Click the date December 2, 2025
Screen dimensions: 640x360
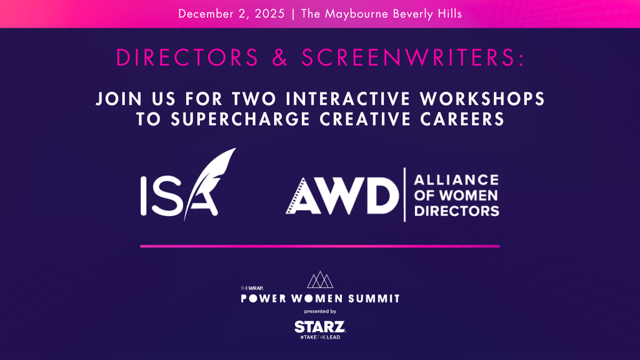[231, 14]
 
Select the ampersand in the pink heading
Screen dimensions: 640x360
[280, 58]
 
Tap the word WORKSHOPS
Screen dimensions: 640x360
[482, 99]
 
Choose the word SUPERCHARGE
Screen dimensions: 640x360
[240, 119]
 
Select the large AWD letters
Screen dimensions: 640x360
[342, 195]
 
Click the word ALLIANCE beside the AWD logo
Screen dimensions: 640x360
[456, 180]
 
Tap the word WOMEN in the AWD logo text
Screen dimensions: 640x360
[469, 195]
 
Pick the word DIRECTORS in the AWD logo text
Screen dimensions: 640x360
[457, 211]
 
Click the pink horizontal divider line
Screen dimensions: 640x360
[320, 246]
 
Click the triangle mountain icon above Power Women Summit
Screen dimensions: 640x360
[320, 280]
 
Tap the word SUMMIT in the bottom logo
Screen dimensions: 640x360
[374, 299]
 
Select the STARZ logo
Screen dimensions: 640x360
[320, 327]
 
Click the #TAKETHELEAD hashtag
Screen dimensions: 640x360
[320, 337]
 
